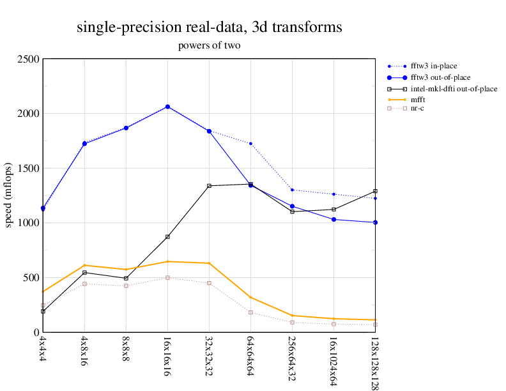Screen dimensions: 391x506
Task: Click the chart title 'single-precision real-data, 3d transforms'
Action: point(209,27)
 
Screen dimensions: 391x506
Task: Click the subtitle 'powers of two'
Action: point(209,46)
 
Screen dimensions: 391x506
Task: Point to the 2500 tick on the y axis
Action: point(29,59)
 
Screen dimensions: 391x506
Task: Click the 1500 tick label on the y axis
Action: point(29,169)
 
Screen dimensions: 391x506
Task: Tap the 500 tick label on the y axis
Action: point(31,278)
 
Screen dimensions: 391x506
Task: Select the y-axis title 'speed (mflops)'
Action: point(9,195)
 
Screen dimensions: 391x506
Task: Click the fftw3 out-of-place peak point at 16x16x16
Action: point(167,107)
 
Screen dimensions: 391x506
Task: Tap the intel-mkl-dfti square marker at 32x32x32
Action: point(209,186)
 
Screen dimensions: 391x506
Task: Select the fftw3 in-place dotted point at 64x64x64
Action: point(250,144)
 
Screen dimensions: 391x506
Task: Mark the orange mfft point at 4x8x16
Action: point(84,265)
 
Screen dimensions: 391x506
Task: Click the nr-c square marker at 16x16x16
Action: point(167,277)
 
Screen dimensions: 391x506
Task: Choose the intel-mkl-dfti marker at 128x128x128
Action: point(375,191)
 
